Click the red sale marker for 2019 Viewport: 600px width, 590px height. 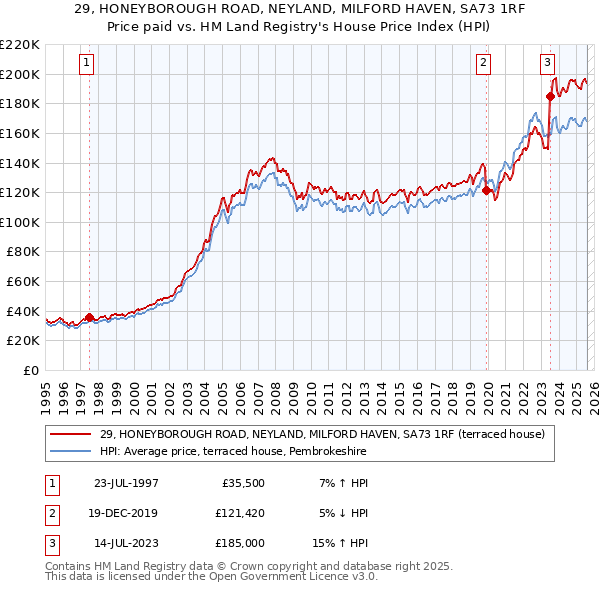487,190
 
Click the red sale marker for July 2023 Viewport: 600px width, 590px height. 550,96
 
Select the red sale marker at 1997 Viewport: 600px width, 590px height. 89,317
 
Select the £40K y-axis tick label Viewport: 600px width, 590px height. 22,311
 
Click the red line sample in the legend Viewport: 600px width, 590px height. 71,434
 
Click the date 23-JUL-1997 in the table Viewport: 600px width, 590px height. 120,483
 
